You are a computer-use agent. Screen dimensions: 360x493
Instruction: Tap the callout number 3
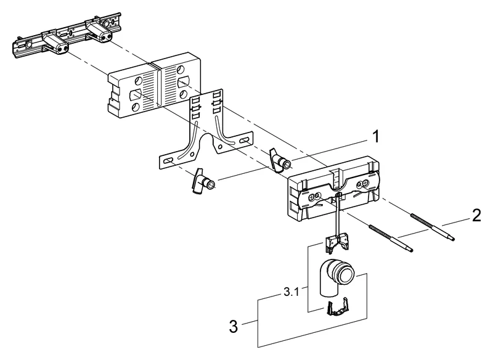(x=233, y=324)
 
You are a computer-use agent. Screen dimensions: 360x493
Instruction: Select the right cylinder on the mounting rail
(x=99, y=31)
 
